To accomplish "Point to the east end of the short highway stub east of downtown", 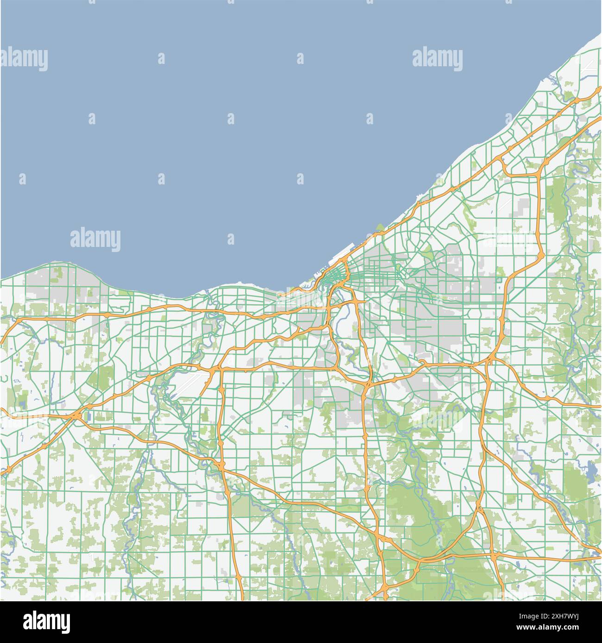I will (365, 302).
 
